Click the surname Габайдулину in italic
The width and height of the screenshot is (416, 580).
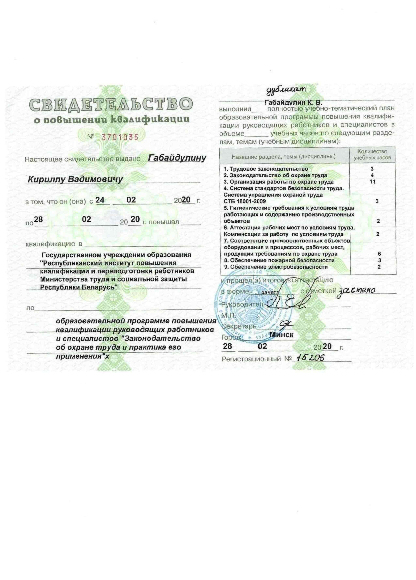click(177, 158)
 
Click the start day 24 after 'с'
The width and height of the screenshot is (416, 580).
click(100, 200)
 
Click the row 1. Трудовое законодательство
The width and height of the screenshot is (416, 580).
click(266, 169)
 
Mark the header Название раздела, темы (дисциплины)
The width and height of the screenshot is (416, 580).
click(283, 157)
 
